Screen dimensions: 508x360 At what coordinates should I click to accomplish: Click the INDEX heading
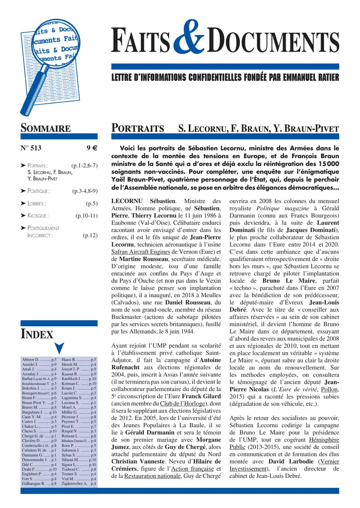click(x=37, y=334)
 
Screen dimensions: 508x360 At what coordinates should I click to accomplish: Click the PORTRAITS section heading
click(x=137, y=129)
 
